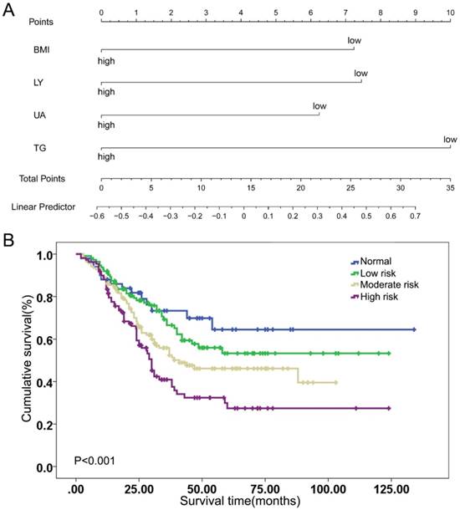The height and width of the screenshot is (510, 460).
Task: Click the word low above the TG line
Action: (450, 139)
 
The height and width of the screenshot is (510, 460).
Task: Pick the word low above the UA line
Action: (319, 106)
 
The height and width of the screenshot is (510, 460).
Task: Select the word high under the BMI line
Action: (106, 60)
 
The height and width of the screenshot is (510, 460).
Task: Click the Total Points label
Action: (43, 178)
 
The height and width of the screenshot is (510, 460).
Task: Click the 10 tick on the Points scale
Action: (451, 13)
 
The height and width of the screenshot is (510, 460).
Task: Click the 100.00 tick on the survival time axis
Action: (325, 488)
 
